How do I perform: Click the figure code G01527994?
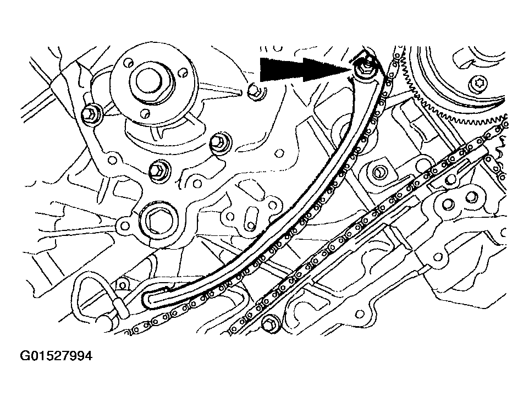click(x=56, y=356)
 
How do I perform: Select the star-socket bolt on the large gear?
click(x=478, y=82)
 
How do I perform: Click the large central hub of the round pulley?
click(x=154, y=82)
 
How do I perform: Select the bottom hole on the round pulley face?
click(x=145, y=112)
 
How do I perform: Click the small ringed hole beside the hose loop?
click(x=123, y=286)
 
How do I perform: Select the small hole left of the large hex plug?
click(x=124, y=225)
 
